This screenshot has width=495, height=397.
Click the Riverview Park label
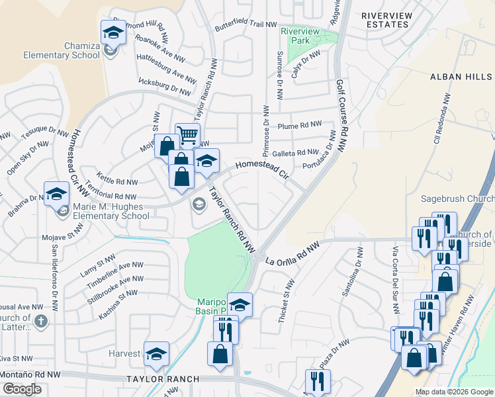(x=300, y=36)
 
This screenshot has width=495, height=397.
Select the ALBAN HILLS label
(x=461, y=77)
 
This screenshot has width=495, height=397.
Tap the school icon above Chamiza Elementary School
(x=113, y=31)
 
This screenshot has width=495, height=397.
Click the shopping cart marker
(x=188, y=135)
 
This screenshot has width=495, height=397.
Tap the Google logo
(x=22, y=389)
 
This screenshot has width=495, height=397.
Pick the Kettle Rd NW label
(x=116, y=181)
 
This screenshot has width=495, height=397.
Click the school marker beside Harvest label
(x=156, y=354)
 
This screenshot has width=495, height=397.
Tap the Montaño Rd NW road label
(x=30, y=375)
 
